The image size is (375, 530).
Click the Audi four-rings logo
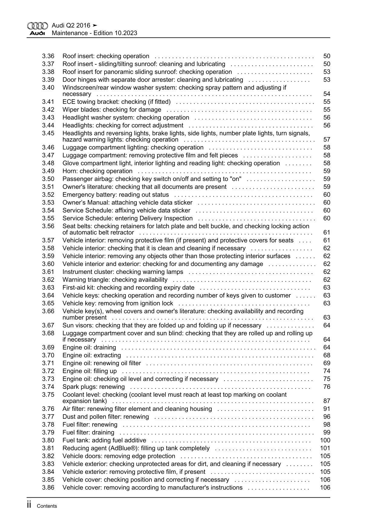tap(37, 26)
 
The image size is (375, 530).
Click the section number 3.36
tap(48, 56)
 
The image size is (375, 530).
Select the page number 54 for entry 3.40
tap(327, 94)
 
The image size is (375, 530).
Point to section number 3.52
tap(48, 195)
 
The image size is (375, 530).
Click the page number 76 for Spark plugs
tap(327, 387)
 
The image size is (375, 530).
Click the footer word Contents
tap(47, 506)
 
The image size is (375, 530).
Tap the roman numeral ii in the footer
tap(29, 505)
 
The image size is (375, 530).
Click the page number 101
tap(325, 448)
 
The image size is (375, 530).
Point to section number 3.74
tap(48, 387)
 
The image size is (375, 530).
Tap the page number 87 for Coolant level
tap(327, 401)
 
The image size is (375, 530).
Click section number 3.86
tap(48, 488)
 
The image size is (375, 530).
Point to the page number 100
tap(325, 441)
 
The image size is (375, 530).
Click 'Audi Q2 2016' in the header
tap(71, 26)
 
